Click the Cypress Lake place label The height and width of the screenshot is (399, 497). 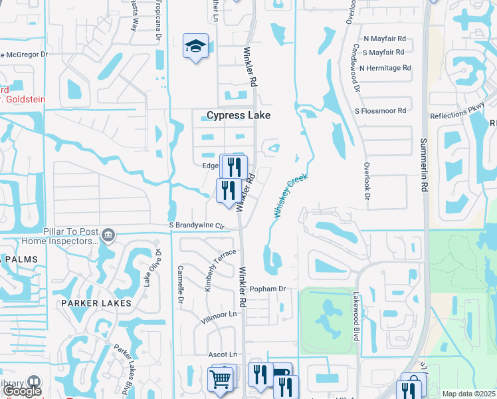point(239,116)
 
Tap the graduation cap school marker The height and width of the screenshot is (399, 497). point(195,47)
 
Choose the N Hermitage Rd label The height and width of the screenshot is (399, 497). point(385,68)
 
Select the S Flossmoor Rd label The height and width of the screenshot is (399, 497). point(383,110)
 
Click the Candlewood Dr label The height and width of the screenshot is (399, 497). point(357,68)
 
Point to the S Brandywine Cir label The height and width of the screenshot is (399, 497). point(198,225)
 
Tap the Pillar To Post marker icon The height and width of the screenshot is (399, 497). point(109,234)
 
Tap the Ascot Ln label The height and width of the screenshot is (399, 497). point(223,354)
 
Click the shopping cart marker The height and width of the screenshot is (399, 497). point(221,379)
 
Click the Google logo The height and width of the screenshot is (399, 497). point(22,391)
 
